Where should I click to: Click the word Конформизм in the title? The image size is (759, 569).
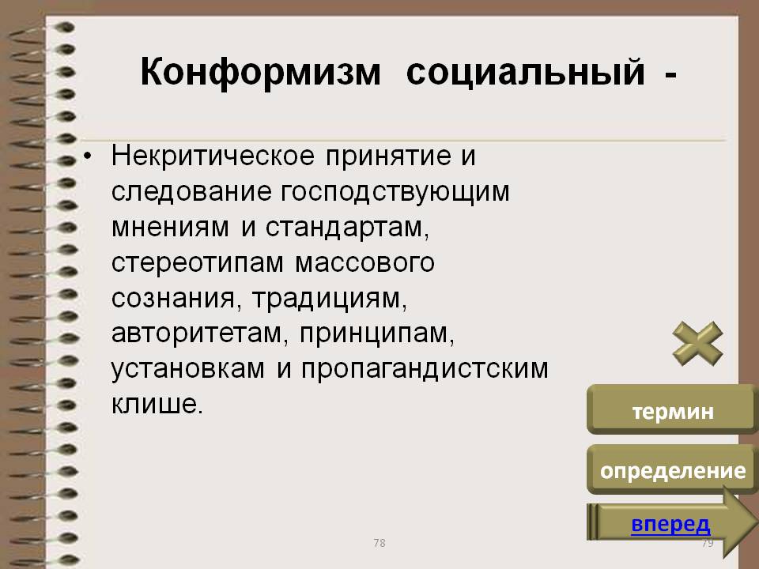[x=260, y=73]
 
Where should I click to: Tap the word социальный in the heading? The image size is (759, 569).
[x=526, y=73]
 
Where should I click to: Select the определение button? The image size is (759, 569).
[x=672, y=470]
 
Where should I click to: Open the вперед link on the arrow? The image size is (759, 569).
[x=670, y=525]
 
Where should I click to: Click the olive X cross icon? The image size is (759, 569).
[x=697, y=344]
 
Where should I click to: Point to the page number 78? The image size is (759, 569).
[x=379, y=543]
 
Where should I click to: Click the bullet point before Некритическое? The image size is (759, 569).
[x=87, y=156]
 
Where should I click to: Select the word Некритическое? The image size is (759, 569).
[x=213, y=156]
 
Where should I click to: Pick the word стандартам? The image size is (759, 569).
[x=347, y=228]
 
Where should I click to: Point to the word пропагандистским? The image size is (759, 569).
[x=425, y=370]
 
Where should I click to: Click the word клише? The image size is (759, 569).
[x=157, y=405]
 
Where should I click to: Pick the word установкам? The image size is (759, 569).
[x=188, y=370]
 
